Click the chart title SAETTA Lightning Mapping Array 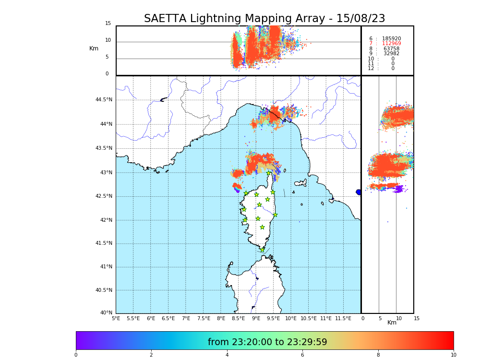[264, 19]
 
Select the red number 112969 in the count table [391, 44]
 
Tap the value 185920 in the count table [391, 39]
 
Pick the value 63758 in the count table [391, 49]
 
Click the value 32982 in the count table [391, 54]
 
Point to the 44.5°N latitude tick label [104, 100]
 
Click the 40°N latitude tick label [106, 313]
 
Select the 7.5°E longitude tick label [204, 318]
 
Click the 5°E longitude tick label [116, 318]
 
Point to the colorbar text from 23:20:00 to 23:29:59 [267, 342]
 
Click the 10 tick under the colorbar [453, 355]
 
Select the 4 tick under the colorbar [227, 355]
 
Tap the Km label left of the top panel [94, 48]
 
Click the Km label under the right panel [392, 323]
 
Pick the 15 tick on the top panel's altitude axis [108, 24]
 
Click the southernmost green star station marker [263, 250]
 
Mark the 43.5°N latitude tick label [104, 148]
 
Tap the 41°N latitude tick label [106, 266]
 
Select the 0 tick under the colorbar [76, 355]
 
